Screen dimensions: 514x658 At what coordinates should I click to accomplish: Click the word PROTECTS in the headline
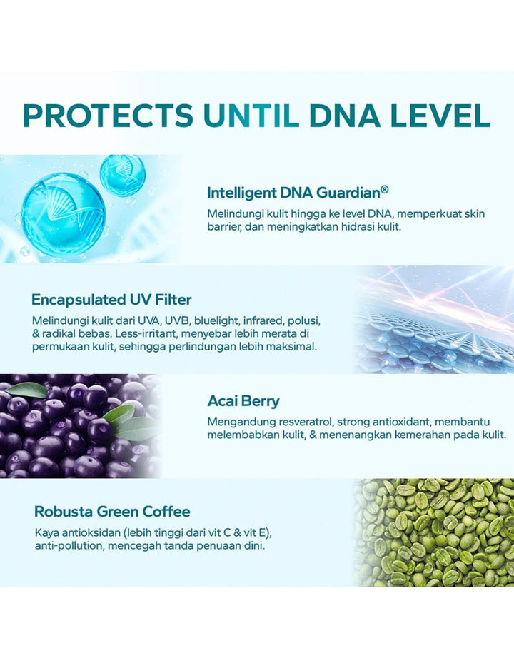tap(108, 115)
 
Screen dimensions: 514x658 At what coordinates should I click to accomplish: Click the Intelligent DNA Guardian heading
tap(297, 193)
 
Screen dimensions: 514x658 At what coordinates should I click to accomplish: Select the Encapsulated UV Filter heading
tap(111, 300)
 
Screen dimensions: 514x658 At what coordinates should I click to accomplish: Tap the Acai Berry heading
tap(243, 401)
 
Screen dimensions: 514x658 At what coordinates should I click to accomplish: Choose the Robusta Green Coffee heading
tap(112, 512)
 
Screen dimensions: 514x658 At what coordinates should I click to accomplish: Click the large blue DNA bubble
tap(63, 214)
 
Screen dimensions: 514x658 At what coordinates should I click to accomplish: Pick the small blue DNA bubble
tap(123, 176)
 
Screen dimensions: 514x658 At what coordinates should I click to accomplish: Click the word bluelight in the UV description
tap(216, 321)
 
